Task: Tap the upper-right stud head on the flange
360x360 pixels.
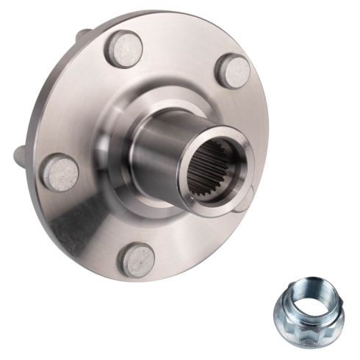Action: pyautogui.click(x=234, y=71)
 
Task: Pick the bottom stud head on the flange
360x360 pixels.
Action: pyautogui.click(x=137, y=259)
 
